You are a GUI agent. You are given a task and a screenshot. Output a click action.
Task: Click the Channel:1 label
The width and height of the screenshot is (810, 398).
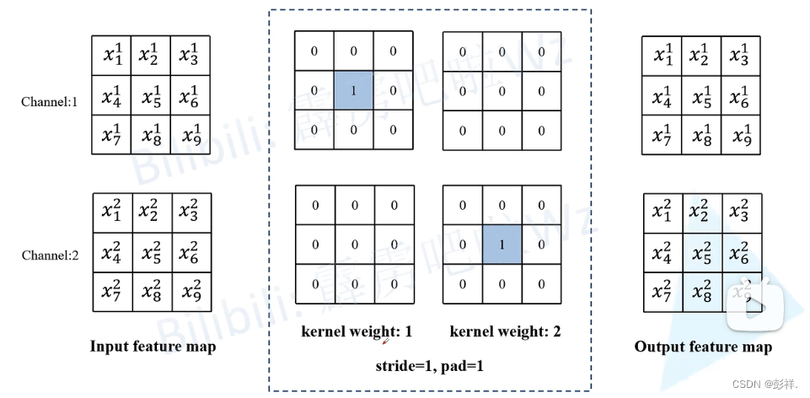pos(50,102)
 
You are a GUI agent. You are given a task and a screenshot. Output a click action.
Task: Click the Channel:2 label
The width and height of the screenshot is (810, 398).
pos(50,254)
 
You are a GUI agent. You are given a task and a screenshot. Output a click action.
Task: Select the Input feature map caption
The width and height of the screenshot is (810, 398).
pos(153,347)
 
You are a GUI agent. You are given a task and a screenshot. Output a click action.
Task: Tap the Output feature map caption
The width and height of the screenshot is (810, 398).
pos(703,347)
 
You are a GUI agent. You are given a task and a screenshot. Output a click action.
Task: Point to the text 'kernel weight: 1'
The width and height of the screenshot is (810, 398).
pos(357,331)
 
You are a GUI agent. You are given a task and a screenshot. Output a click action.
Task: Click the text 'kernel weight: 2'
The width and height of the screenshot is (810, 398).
pos(505,331)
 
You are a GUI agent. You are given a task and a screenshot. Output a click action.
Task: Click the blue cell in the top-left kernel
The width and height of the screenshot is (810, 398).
pos(353,90)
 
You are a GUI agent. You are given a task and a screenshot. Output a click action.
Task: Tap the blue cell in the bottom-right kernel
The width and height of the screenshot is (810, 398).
pos(502,245)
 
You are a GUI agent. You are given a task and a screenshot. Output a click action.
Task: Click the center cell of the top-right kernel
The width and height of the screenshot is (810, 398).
pos(502,90)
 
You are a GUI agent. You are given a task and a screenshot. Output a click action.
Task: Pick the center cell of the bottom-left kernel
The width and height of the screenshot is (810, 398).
pos(353,245)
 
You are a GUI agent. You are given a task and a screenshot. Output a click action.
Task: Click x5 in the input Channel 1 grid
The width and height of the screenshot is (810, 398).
pos(152,94)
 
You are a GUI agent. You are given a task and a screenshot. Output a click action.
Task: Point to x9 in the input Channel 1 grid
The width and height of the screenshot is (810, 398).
pos(190,134)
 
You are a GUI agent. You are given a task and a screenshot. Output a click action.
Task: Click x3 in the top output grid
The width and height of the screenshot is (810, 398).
pos(740,56)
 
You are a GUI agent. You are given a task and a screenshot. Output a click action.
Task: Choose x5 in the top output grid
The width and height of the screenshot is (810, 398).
pos(702,96)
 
